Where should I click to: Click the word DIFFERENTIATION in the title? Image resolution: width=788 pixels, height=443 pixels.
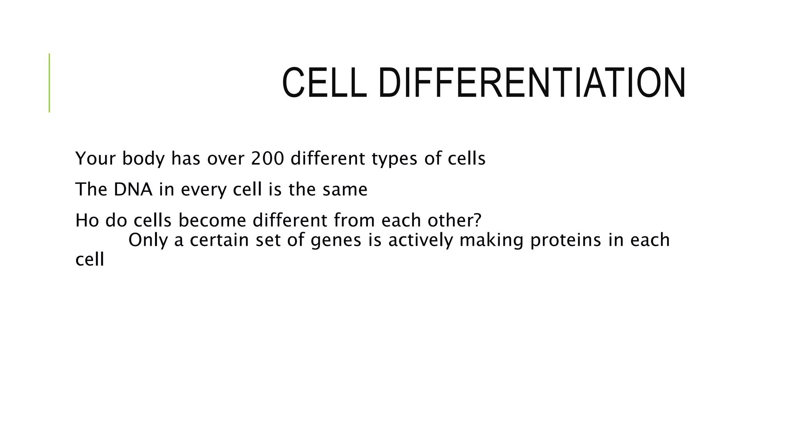pyautogui.click(x=532, y=83)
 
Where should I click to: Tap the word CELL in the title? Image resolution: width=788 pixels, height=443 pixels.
pyautogui.click(x=324, y=83)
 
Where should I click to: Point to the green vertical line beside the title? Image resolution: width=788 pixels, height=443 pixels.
pyautogui.click(x=49, y=83)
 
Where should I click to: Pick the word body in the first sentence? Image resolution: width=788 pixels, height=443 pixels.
pyautogui.click(x=144, y=158)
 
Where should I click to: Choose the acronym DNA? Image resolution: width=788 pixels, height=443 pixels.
pyautogui.click(x=133, y=189)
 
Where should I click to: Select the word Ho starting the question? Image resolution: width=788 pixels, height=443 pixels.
pyautogui.click(x=87, y=220)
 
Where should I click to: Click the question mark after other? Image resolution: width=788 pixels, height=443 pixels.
pyautogui.click(x=477, y=220)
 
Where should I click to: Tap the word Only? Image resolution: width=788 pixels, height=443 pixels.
pyautogui.click(x=148, y=240)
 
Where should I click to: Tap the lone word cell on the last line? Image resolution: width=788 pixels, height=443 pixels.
pyautogui.click(x=90, y=260)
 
